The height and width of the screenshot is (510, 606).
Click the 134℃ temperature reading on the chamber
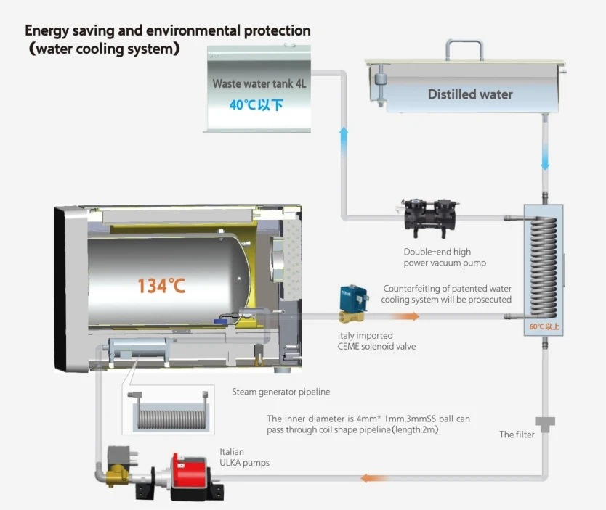tap(161, 285)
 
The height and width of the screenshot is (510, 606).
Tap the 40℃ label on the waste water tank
tap(256, 104)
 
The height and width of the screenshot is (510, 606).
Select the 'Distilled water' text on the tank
tap(470, 94)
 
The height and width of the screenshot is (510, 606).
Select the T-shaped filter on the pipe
tap(544, 423)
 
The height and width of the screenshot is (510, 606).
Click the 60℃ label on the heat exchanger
tap(544, 327)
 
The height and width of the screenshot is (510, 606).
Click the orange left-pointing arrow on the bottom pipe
tap(373, 478)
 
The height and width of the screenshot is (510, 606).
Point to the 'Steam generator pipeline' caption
tap(280, 392)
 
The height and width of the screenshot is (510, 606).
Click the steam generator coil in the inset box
tap(168, 419)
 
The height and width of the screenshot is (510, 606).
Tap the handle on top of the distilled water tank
tap(464, 49)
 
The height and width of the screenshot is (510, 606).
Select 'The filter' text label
tap(517, 435)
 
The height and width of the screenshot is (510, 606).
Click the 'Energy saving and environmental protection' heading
tap(168, 31)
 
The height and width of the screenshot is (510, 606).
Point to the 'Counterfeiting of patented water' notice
tap(447, 289)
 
